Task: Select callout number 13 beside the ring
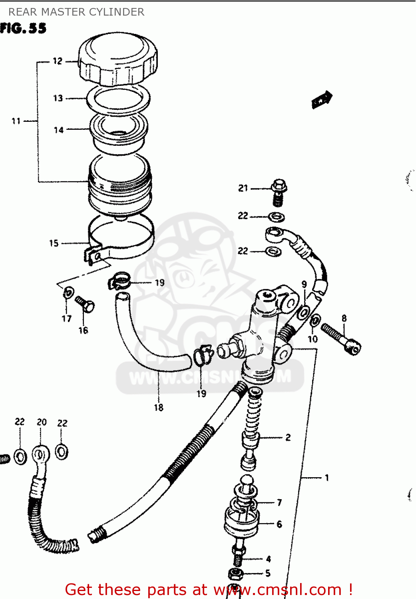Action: point(58,98)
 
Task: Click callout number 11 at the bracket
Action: point(16,121)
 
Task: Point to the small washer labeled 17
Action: point(68,293)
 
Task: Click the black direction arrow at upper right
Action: point(322,100)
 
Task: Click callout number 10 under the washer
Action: point(312,339)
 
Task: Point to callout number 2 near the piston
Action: point(288,438)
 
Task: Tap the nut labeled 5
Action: point(236,574)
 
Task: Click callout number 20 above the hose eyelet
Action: point(42,422)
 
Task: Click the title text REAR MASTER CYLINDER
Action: point(76,12)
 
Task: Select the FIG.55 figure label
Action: point(23,28)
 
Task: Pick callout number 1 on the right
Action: point(327,478)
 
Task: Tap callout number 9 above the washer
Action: point(304,284)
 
